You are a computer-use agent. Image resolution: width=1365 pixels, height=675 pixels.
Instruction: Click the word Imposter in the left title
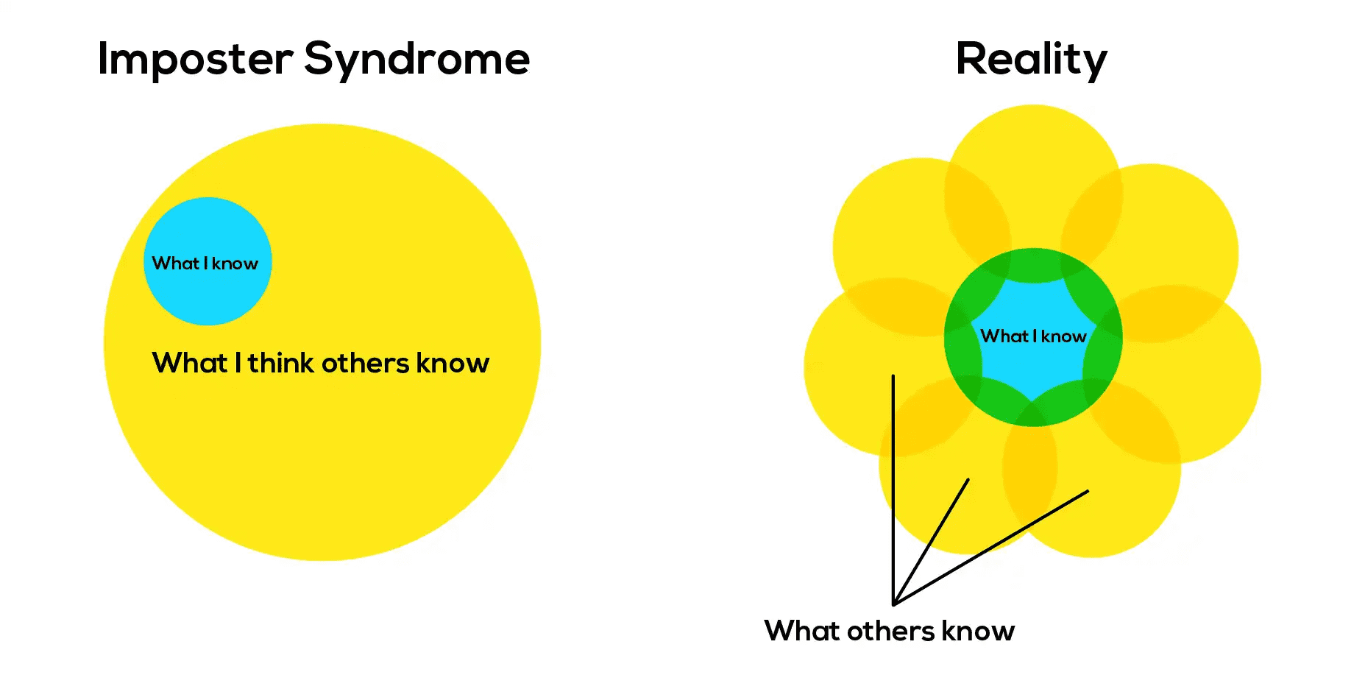pyautogui.click(x=196, y=60)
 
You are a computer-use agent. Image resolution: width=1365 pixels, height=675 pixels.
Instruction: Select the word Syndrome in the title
pyautogui.click(x=416, y=60)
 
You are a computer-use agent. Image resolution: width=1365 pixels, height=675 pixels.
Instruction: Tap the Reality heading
pyautogui.click(x=1031, y=60)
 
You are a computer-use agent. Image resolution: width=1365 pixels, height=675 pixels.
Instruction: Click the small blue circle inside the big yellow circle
pyautogui.click(x=208, y=261)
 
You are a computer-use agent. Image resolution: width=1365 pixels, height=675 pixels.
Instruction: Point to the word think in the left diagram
pyautogui.click(x=281, y=362)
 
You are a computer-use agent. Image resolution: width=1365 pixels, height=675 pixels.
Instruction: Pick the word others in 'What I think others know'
pyautogui.click(x=365, y=363)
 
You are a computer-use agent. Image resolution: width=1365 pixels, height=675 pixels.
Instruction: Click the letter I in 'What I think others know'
pyautogui.click(x=238, y=362)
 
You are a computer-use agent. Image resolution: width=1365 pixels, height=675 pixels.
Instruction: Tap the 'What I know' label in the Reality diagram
pyautogui.click(x=1033, y=336)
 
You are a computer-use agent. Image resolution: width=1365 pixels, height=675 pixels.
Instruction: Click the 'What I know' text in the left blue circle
pyautogui.click(x=205, y=264)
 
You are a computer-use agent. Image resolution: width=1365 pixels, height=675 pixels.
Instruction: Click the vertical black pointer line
pyautogui.click(x=893, y=490)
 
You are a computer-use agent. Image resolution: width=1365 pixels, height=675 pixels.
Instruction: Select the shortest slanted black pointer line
pyautogui.click(x=931, y=542)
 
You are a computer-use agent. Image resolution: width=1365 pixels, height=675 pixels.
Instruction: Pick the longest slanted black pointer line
pyautogui.click(x=990, y=548)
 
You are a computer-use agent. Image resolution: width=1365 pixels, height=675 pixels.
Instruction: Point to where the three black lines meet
pyautogui.click(x=893, y=604)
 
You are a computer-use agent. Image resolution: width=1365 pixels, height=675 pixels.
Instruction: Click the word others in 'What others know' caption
pyautogui.click(x=890, y=631)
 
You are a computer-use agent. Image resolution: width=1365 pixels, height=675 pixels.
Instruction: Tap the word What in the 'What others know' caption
pyautogui.click(x=803, y=631)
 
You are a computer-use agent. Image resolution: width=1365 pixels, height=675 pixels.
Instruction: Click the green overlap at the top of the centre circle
pyautogui.click(x=1033, y=266)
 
